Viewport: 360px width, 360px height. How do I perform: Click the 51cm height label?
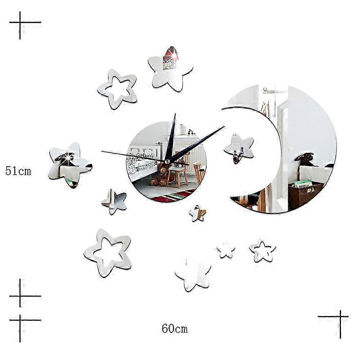pyautogui.click(x=18, y=171)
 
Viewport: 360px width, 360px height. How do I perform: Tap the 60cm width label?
pyautogui.click(x=175, y=328)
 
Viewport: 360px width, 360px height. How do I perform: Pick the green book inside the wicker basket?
pyautogui.click(x=303, y=184)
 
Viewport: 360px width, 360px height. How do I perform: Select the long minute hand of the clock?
pyautogui.click(x=200, y=141)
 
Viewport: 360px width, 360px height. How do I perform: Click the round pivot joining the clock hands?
pyautogui.click(x=167, y=161)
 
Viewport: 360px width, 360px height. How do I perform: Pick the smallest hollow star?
pyautogui.click(x=262, y=249)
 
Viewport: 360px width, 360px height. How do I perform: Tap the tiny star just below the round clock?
pyautogui.click(x=197, y=213)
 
